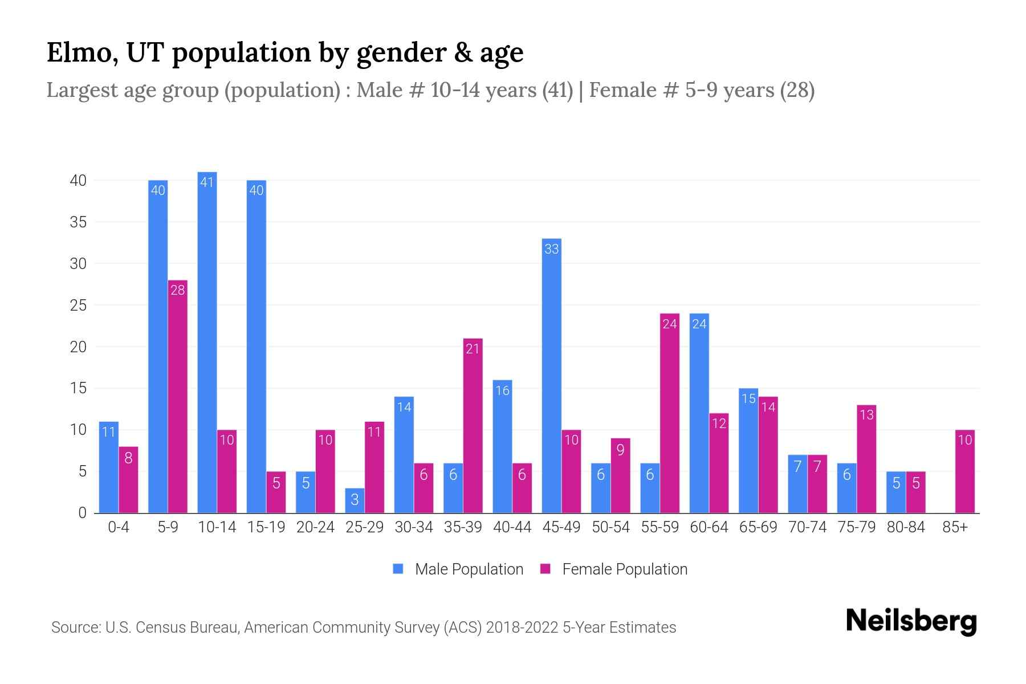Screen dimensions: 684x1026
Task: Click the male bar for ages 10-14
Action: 207,342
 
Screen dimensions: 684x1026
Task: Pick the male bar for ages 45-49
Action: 551,376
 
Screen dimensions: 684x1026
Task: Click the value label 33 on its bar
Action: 551,249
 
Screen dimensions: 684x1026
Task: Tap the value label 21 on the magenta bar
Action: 473,349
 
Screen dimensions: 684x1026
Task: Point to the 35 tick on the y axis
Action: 78,222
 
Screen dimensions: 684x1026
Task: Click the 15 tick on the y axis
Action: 78,389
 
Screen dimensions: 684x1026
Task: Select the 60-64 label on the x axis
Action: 709,527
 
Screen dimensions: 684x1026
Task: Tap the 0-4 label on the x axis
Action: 119,527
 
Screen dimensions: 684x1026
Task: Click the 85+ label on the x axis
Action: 955,527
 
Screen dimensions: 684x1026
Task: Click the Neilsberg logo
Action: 911,621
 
